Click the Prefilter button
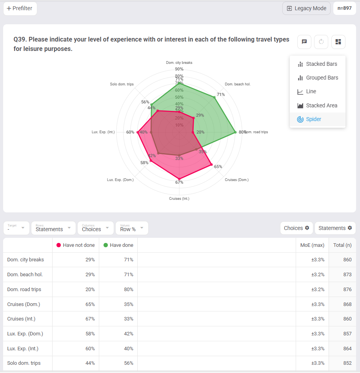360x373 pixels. (20, 8)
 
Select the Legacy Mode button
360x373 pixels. (306, 8)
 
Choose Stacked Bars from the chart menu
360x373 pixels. (317, 64)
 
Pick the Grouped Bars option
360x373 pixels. (318, 78)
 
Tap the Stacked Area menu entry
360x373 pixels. (317, 105)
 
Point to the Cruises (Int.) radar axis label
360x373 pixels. (179, 199)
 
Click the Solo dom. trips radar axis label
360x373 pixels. (122, 84)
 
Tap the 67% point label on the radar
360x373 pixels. (179, 182)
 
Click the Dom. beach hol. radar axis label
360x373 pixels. (238, 84)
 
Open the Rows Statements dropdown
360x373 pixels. (53, 228)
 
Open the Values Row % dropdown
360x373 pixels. (132, 228)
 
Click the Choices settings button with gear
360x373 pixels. (296, 228)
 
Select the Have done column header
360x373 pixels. (118, 245)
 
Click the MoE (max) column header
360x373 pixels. (312, 245)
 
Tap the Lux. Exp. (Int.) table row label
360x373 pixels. (23, 349)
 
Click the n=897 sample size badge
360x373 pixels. (344, 8)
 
